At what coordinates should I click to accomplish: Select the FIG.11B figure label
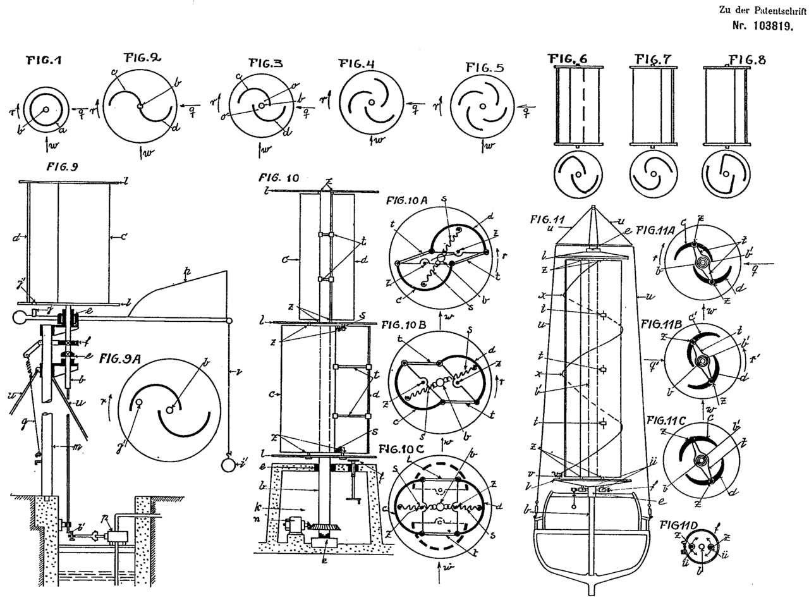click(664, 324)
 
